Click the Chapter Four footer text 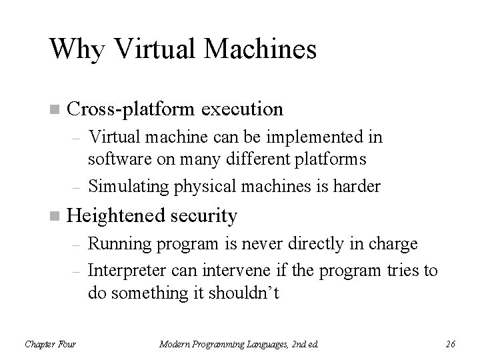50,344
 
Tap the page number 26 450,344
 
